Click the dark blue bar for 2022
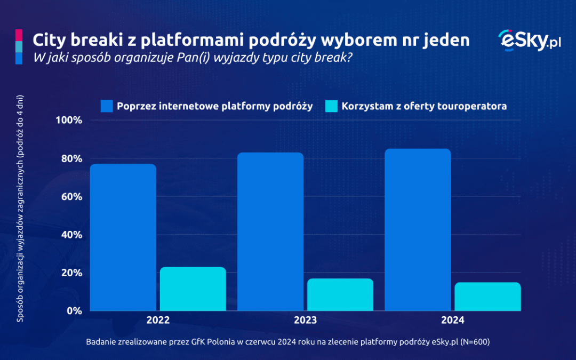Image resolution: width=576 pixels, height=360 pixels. (x=123, y=237)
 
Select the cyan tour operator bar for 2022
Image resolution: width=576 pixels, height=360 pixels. (x=193, y=289)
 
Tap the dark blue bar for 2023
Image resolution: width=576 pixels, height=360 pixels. (x=270, y=231)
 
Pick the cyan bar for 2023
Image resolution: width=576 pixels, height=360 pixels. (x=340, y=294)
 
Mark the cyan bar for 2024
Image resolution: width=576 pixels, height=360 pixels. (x=487, y=297)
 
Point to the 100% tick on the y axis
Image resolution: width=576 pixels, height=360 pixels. (x=69, y=121)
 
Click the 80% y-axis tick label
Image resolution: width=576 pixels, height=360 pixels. (x=71, y=159)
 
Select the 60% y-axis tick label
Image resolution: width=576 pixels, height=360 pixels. (x=71, y=197)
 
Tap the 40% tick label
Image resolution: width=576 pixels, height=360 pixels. (x=71, y=235)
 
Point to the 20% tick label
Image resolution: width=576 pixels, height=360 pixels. (x=71, y=273)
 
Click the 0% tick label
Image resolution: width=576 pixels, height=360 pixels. (x=74, y=311)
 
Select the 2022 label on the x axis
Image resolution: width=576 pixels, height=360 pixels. (x=158, y=321)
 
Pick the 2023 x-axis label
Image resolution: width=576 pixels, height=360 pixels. (x=305, y=321)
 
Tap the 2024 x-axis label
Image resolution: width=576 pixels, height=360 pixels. (x=452, y=321)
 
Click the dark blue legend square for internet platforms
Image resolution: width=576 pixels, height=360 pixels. (x=107, y=106)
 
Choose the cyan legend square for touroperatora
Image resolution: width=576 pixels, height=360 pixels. (x=331, y=106)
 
